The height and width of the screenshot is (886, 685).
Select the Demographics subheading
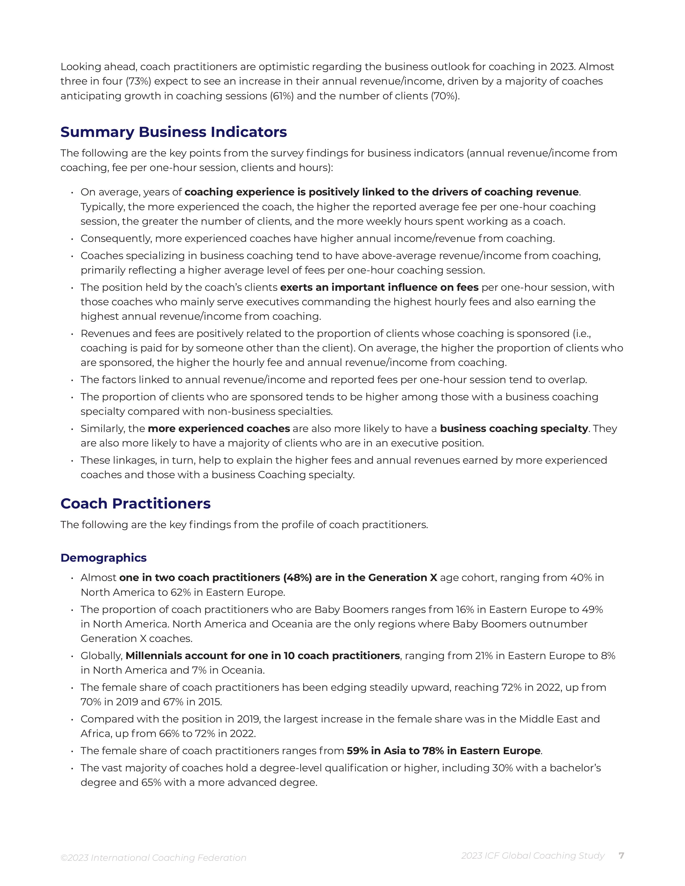pos(103,558)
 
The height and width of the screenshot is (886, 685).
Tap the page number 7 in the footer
pos(621,856)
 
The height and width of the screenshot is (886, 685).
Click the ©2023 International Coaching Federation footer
pos(153,858)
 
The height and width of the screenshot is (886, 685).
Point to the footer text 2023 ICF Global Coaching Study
pos(532,856)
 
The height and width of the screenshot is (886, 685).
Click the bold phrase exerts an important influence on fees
pos(379,287)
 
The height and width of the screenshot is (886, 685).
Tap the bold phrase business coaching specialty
pos(514,429)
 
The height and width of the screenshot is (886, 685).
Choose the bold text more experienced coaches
pos(219,429)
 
